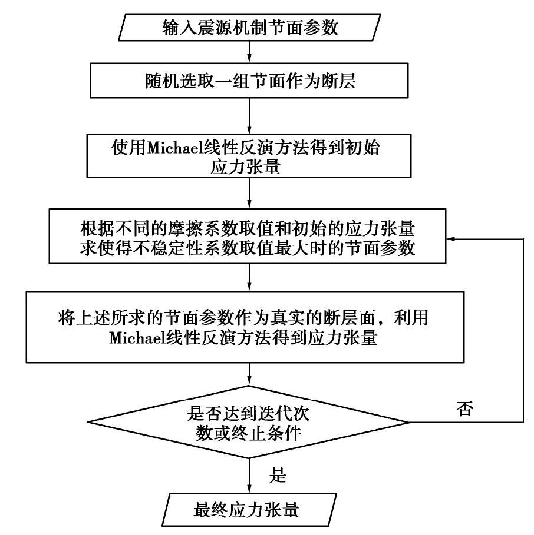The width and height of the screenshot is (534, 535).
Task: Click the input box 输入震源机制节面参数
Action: pos(250,28)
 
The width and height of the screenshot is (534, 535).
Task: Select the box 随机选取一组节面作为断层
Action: pos(250,81)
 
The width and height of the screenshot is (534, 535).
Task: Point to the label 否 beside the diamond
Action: pos(464,410)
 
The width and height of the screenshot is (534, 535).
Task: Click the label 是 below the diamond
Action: pos(277,474)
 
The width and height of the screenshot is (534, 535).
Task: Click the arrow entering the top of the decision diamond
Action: pos(250,374)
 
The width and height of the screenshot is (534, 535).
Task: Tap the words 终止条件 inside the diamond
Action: pos(281,436)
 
